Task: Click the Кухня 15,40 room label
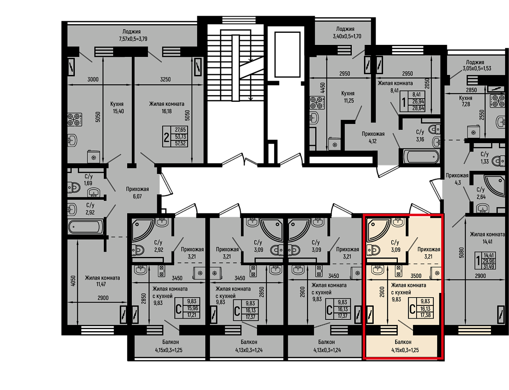[118, 108]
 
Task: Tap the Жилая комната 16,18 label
[167, 108]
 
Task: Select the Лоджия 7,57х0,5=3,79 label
[133, 35]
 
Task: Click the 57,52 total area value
[180, 144]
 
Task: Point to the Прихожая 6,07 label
[137, 193]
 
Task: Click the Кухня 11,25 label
[348, 97]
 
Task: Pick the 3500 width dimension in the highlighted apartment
[416, 276]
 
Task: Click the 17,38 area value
[426, 315]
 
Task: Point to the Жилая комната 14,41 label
[487, 238]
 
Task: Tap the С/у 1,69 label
[88, 180]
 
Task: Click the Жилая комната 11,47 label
[102, 281]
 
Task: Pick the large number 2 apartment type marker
[166, 138]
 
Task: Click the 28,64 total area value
[419, 108]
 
